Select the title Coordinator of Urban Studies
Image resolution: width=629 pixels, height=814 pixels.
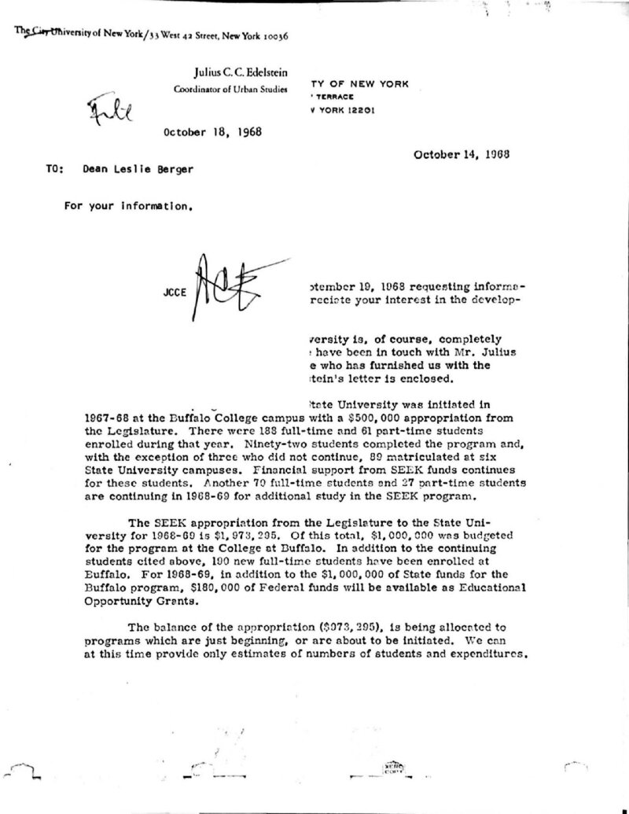230,90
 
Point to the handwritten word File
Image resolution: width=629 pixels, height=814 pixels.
111,116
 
